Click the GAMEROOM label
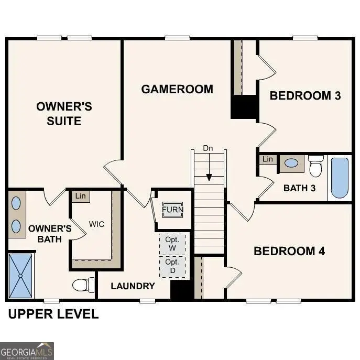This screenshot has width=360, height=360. tap(177, 89)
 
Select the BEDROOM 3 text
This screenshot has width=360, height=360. tap(305, 95)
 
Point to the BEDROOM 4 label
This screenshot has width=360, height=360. tap(289, 251)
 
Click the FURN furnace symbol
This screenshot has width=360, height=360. tap(172, 210)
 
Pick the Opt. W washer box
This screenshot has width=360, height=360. tap(172, 244)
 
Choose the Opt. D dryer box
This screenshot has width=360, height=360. tap(172, 266)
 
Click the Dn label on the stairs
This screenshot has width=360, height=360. tap(208, 148)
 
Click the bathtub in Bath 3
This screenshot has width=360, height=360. tap(340, 178)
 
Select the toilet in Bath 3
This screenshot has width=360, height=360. tap(315, 166)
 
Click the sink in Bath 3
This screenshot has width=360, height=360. tap(291, 163)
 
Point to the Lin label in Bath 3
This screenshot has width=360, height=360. tap(268, 159)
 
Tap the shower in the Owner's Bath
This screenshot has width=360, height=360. tap(21, 275)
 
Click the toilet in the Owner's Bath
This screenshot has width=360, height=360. tap(83, 285)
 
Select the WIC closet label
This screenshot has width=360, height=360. tap(96, 224)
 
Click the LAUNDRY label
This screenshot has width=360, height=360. tap(133, 286)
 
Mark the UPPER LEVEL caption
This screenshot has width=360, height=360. tap(53, 314)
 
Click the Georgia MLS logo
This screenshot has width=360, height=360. tap(27, 351)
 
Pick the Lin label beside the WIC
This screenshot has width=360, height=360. tap(80, 196)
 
